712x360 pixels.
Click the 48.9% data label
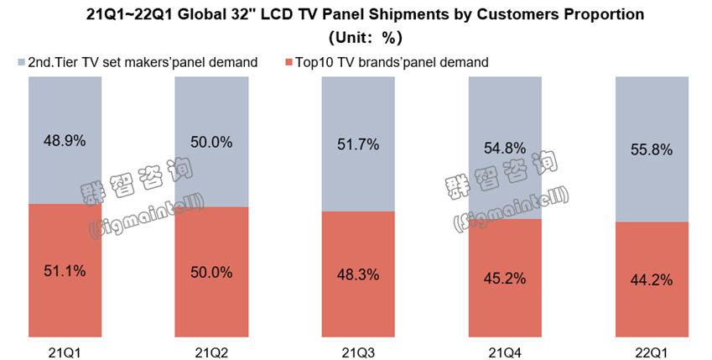(65, 141)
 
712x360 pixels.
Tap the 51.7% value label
(358, 144)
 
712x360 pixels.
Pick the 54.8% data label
(505, 148)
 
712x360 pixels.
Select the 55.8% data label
(652, 149)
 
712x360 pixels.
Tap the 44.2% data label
(652, 279)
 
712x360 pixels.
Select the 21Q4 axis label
(505, 349)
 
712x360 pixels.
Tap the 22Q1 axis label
(652, 349)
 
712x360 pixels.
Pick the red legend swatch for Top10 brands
(289, 62)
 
